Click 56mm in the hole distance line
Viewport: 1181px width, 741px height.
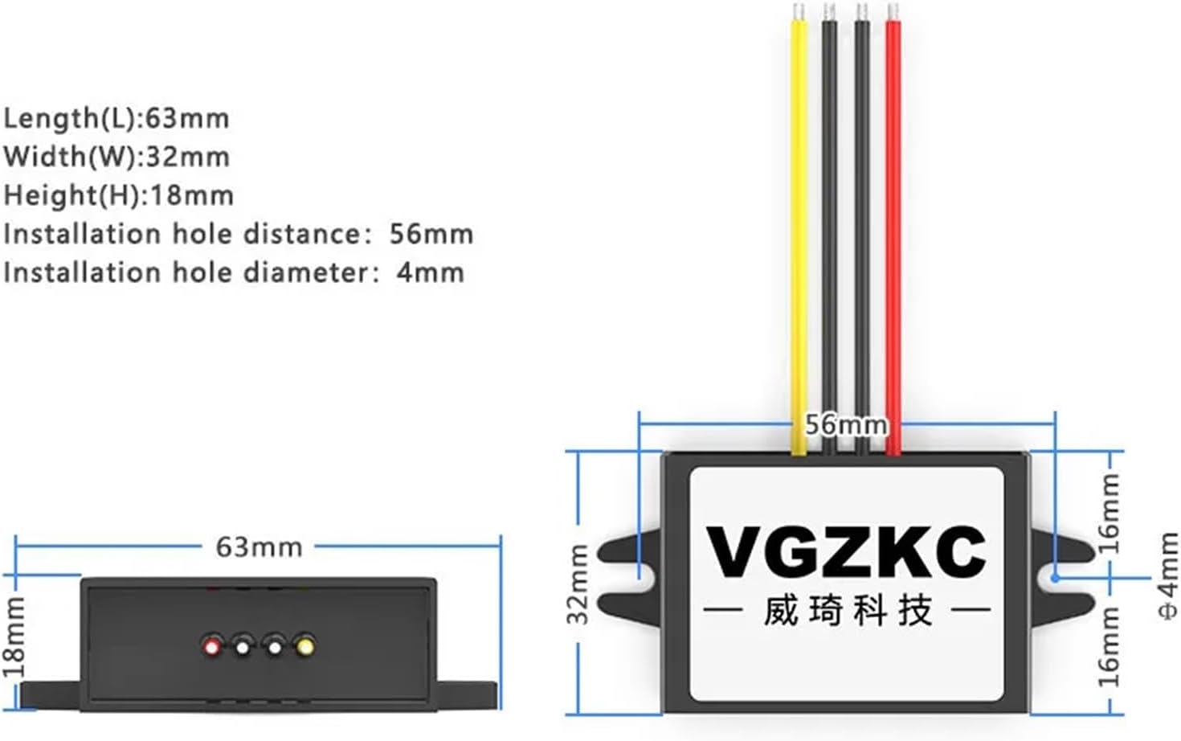(431, 234)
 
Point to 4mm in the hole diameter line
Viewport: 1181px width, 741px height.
(430, 272)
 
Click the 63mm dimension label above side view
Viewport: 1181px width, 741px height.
(259, 547)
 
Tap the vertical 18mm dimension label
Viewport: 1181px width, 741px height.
(14, 637)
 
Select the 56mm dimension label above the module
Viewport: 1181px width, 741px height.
(846, 424)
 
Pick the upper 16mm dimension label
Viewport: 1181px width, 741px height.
(1109, 513)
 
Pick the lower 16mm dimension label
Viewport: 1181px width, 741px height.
(1109, 646)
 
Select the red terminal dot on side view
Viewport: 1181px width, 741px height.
(212, 645)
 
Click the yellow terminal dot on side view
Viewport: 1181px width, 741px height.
(304, 645)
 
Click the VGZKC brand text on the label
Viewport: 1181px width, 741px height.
(846, 552)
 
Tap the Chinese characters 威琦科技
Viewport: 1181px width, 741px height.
(847, 611)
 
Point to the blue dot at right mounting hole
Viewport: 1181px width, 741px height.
(1055, 577)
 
